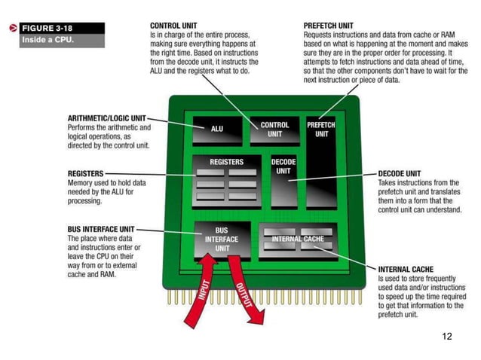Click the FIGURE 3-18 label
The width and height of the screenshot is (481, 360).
tap(47, 28)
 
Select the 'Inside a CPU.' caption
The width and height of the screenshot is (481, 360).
tap(47, 40)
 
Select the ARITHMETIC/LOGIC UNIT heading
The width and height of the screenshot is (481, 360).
tap(106, 118)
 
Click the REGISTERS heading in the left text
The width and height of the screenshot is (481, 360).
tap(85, 173)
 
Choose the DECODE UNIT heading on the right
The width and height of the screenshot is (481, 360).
tap(400, 173)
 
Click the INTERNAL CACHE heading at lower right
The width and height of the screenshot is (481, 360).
tap(406, 269)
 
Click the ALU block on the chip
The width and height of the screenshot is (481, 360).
tap(217, 129)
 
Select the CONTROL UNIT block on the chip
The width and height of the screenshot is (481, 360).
tap(274, 130)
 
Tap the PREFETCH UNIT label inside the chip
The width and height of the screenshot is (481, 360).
tap(321, 129)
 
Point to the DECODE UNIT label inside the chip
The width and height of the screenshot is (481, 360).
tap(283, 166)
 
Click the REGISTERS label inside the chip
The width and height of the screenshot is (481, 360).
tap(226, 162)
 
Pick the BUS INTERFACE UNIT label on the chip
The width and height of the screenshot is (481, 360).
tap(222, 239)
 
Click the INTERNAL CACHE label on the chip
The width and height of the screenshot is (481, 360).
tap(298, 239)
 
